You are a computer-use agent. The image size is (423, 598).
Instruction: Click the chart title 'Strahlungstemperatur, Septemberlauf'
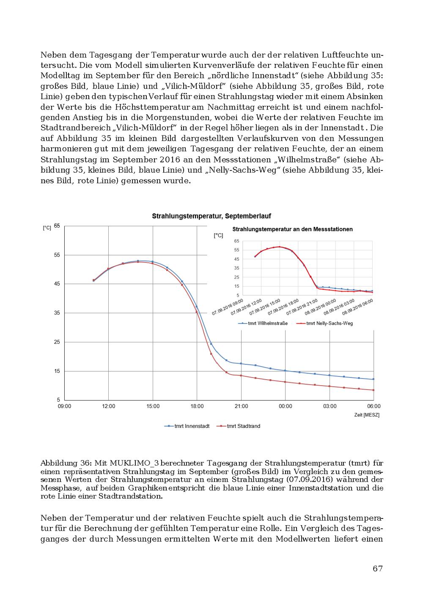coord(211,216)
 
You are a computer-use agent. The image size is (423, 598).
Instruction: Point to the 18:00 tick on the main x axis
coord(197,406)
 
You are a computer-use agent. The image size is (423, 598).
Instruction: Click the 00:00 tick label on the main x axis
coord(285,406)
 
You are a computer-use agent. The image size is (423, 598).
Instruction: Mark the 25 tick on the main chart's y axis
coord(57,342)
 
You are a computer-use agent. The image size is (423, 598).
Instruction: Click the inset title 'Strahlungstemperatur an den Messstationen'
coord(292,229)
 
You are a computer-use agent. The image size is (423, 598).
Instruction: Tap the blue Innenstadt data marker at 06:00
coord(374,379)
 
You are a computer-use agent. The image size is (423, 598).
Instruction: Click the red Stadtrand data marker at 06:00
coord(374,390)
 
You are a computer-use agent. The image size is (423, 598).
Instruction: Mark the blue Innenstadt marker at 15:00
coord(153,262)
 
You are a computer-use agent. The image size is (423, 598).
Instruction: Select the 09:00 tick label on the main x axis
coord(65,406)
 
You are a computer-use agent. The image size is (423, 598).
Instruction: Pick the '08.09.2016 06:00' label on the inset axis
coord(357,307)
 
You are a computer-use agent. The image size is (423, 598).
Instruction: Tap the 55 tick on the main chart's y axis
coord(57,255)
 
